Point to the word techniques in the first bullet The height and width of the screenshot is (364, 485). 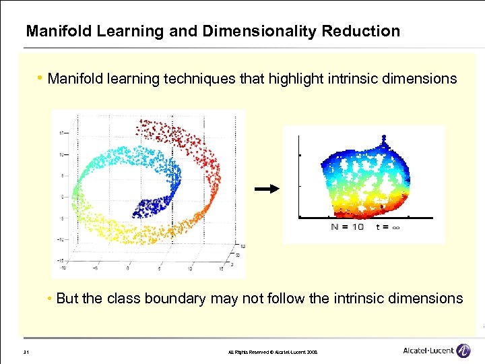pos(202,79)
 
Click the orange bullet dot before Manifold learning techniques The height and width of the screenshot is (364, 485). pos(41,79)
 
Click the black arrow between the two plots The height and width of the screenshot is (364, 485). pos(268,190)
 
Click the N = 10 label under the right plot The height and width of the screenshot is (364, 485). pos(348,227)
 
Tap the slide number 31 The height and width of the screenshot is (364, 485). pos(24,352)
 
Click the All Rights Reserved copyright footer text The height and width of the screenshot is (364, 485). pos(268,352)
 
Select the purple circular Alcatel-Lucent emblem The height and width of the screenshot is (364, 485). pos(463,351)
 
